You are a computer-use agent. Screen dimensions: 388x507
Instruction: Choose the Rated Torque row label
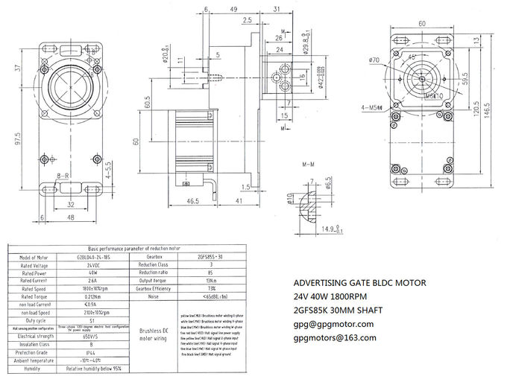(34, 296)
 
